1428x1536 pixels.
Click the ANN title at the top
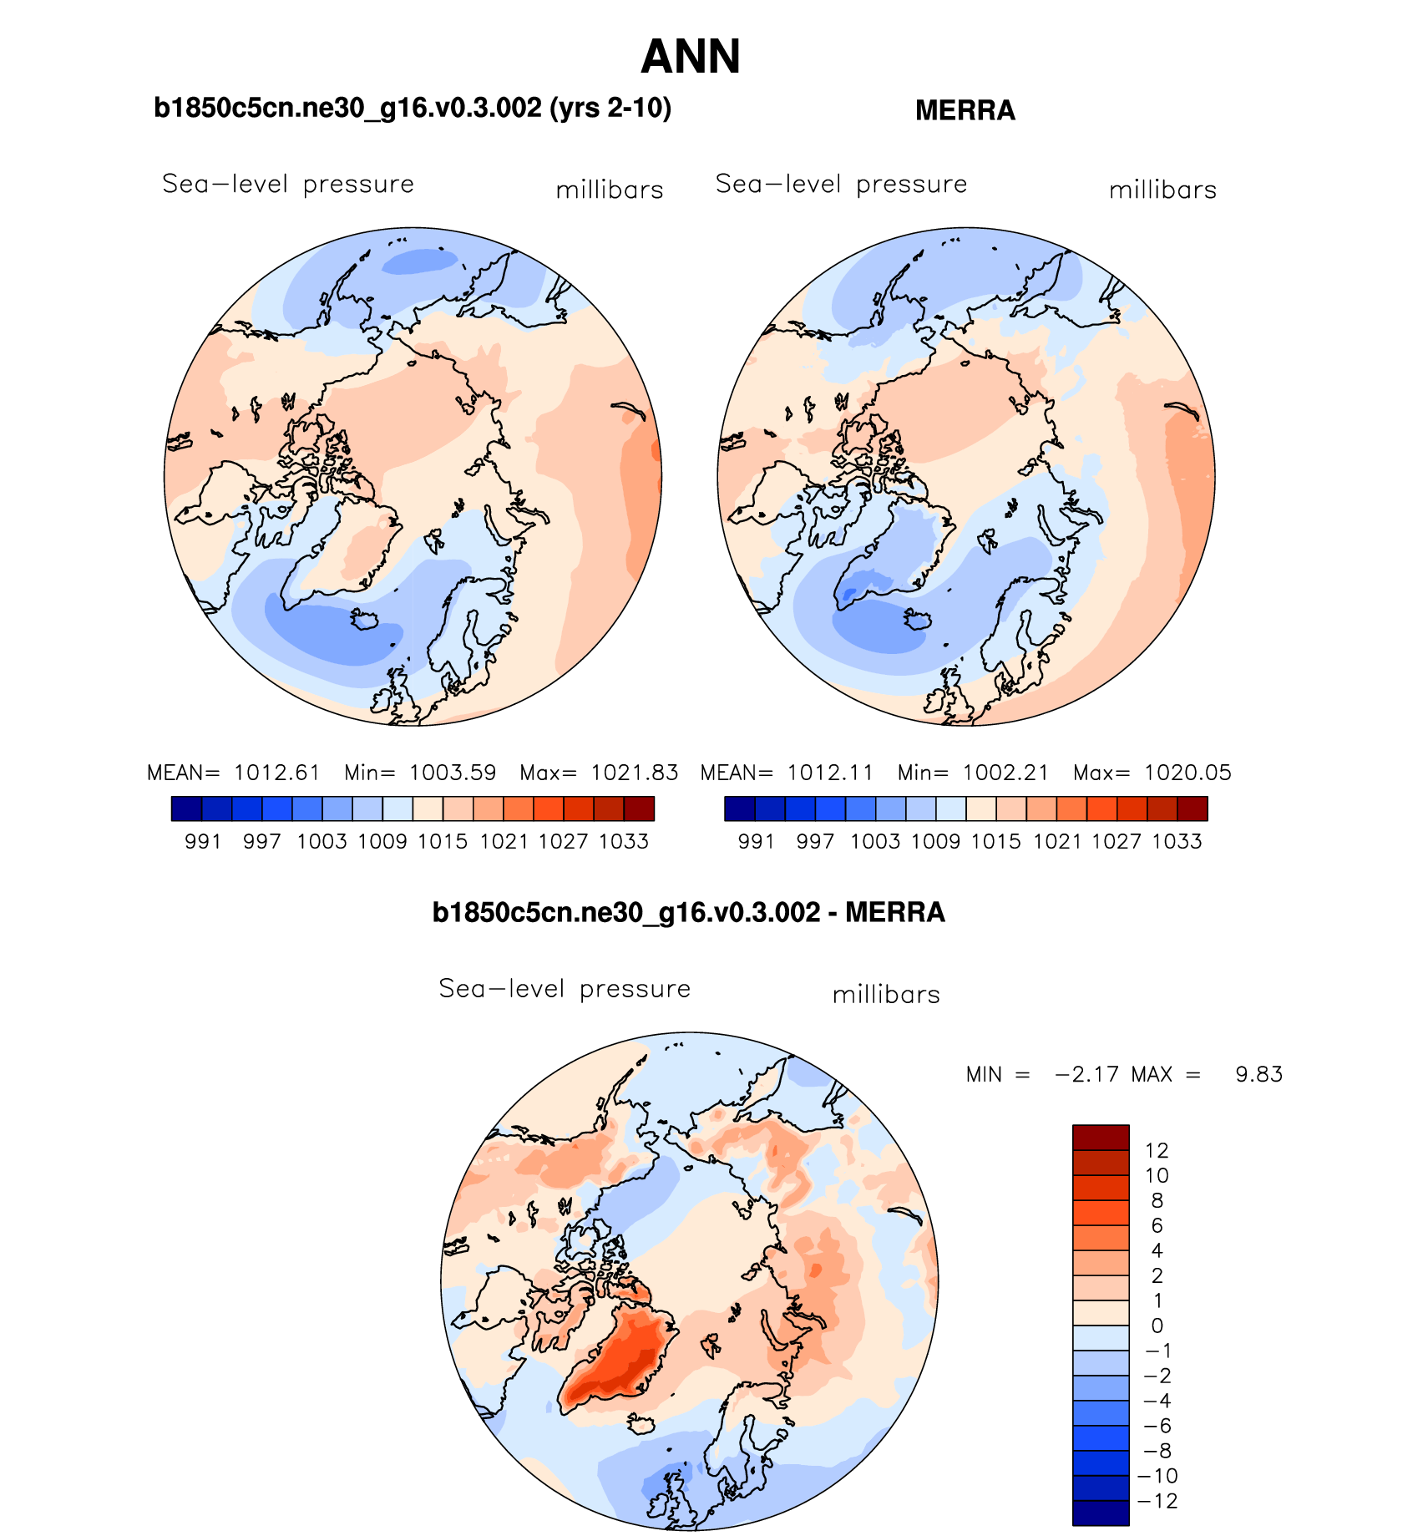691,57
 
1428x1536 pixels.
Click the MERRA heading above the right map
965,110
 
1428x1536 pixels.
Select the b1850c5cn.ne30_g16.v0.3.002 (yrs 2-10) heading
413,108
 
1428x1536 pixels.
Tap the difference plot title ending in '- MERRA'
688,912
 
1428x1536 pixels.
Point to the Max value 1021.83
635,773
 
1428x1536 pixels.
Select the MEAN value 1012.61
277,773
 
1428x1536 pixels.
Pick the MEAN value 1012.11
830,773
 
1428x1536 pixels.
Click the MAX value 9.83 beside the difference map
1258,1074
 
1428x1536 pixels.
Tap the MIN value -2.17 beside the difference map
1086,1074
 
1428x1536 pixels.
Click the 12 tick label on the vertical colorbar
1157,1150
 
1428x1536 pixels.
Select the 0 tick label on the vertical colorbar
1157,1326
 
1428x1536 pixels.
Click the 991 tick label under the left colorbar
203,842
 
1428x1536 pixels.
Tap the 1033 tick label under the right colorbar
1177,842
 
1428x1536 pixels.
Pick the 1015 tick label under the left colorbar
443,842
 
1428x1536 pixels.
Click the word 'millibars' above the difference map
886,995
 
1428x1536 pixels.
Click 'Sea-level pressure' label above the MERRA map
841,184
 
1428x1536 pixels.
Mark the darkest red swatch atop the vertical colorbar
1100,1138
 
